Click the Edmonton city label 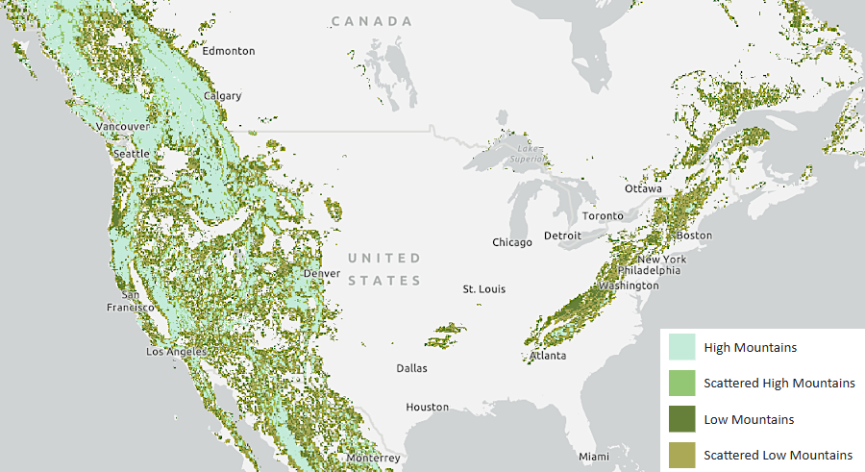[x=228, y=51]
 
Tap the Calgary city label [x=222, y=96]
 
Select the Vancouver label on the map [x=123, y=126]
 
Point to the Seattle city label [x=132, y=154]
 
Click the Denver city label [x=322, y=273]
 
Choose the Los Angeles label [x=176, y=352]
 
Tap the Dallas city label [x=413, y=368]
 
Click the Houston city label [x=427, y=407]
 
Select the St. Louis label [x=483, y=289]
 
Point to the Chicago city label [x=512, y=242]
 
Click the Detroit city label [x=562, y=236]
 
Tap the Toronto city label [x=603, y=216]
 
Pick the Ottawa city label [x=643, y=188]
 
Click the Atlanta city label [x=548, y=357]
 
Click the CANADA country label [x=372, y=21]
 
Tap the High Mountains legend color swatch [x=680, y=347]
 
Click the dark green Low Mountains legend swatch [x=680, y=419]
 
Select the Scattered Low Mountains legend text [x=778, y=455]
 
